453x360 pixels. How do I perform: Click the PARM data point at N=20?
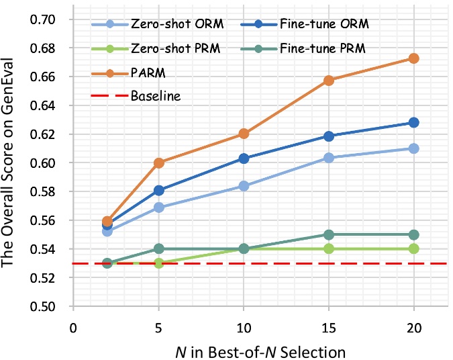click(413, 58)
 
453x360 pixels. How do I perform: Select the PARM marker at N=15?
click(329, 80)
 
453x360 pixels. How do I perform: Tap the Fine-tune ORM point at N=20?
click(413, 122)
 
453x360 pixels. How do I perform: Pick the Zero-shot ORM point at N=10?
click(244, 185)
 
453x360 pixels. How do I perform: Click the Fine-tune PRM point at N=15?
click(329, 234)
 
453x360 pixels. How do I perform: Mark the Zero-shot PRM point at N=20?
click(413, 249)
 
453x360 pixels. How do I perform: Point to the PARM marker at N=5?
click(158, 163)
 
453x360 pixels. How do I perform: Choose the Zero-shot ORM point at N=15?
click(329, 158)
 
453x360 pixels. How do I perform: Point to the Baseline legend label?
click(155, 96)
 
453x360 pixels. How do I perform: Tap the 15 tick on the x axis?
click(329, 326)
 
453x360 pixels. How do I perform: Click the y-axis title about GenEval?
click(12, 163)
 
